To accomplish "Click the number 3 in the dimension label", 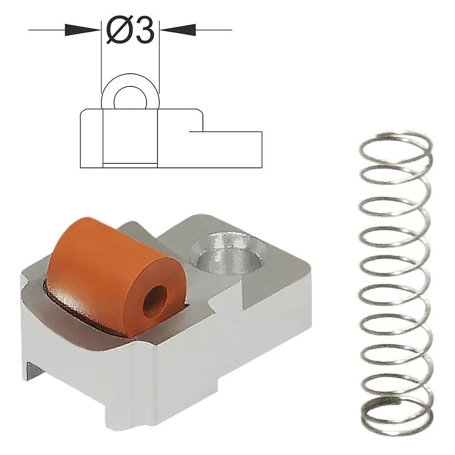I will tap(143, 31).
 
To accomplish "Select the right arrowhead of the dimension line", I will tap(177, 30).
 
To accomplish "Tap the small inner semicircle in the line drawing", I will tap(130, 98).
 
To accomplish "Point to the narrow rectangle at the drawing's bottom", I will tap(130, 165).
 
